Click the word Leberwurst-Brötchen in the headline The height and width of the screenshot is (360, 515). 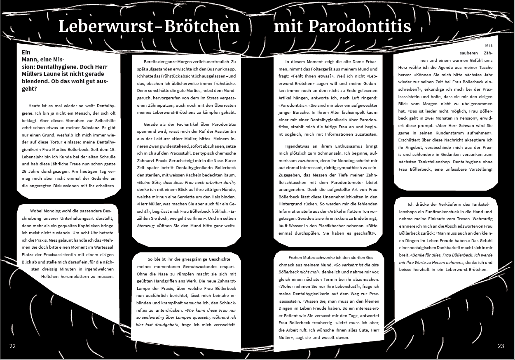pyautogui.click(x=149, y=26)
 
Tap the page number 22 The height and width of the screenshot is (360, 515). pyautogui.click(x=12, y=346)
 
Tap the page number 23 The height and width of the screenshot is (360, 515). pyautogui.click(x=501, y=346)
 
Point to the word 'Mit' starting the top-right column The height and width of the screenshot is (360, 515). pyautogui.click(x=489, y=45)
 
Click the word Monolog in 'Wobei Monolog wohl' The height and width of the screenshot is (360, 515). pyautogui.click(x=52, y=211)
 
